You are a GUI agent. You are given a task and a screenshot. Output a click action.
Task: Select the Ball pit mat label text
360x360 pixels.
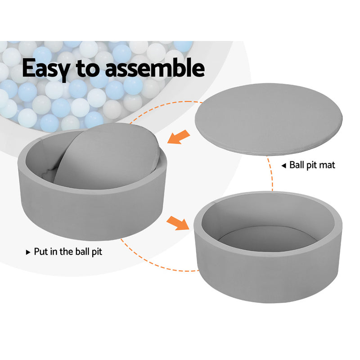point(312,166)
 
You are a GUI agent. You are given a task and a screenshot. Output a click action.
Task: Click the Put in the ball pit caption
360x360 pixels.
point(68,252)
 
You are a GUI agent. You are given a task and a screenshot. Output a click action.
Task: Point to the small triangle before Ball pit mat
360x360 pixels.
point(283,166)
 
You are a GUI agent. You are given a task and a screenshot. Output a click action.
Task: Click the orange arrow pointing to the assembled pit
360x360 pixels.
point(177,222)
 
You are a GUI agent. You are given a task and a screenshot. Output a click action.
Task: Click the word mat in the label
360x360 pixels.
point(327,166)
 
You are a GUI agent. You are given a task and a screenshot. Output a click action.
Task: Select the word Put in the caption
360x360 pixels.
point(42,252)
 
